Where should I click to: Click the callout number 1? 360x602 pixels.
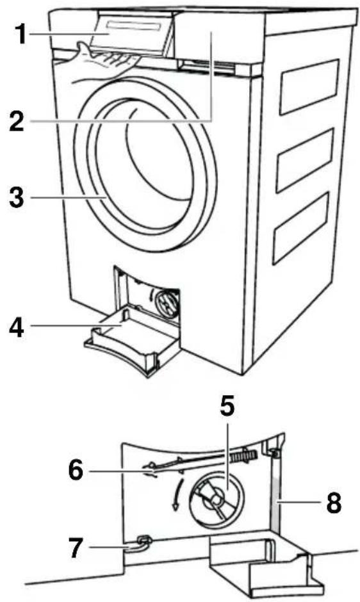[19, 34]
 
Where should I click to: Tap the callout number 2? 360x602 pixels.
[17, 120]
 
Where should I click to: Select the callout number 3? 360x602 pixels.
[17, 197]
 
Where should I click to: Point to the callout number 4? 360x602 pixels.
[17, 327]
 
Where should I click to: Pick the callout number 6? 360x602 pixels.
[76, 470]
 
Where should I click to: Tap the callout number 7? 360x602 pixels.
[76, 547]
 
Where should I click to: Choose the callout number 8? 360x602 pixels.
[334, 502]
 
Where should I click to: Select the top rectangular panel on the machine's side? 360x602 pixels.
[309, 86]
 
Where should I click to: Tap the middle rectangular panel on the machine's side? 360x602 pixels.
[306, 159]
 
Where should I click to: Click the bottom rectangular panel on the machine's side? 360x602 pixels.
[302, 229]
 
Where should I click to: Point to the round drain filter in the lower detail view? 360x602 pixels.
[216, 500]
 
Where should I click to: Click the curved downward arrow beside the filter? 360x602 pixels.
[178, 495]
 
